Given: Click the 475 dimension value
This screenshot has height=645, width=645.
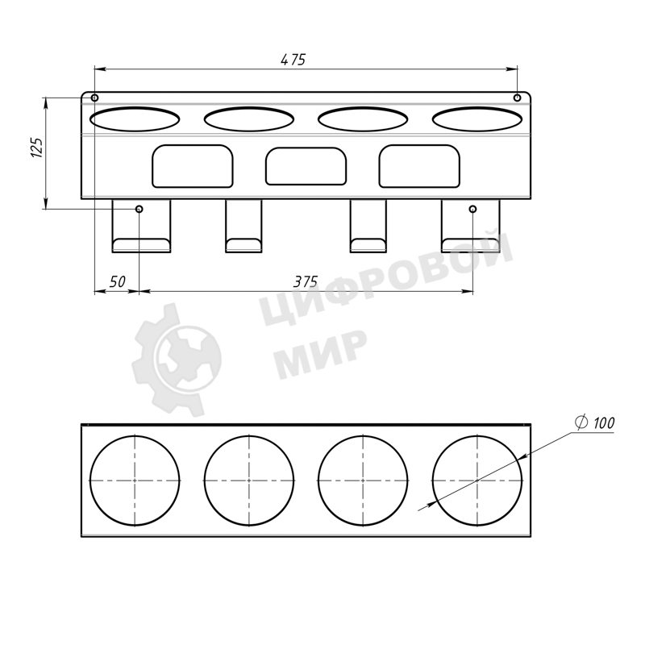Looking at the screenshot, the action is point(293,60).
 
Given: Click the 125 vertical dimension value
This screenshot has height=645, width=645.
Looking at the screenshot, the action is point(37,148).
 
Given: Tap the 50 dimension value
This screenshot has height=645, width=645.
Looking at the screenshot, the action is point(117,281).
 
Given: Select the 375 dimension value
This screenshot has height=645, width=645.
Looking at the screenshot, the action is point(306,281).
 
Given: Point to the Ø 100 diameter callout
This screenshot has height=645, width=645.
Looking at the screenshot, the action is point(595,422).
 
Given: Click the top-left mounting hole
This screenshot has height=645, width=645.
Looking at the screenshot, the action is point(94,98).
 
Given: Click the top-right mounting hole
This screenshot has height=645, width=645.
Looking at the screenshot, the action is point(518,98).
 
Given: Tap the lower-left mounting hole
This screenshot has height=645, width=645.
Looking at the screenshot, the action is point(139,209).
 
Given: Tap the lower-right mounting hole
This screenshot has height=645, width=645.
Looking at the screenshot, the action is point(473,209).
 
